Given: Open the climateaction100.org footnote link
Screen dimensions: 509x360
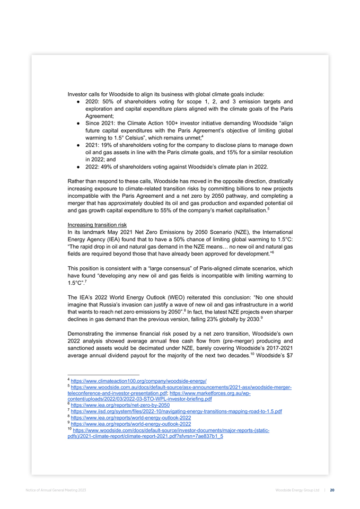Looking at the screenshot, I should tap(138, 381).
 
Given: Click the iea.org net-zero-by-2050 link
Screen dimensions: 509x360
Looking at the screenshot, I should tap(120, 405).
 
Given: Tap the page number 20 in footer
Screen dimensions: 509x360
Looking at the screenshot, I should tap(331, 490).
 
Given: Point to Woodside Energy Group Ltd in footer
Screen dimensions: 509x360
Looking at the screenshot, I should tap(297, 490).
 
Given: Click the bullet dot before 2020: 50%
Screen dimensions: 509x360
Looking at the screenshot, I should tap(78, 101).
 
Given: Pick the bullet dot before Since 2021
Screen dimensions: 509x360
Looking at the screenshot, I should tap(78, 123).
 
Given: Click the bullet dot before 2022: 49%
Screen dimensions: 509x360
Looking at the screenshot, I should tap(78, 166).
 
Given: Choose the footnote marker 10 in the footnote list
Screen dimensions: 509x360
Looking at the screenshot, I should tap(69, 430).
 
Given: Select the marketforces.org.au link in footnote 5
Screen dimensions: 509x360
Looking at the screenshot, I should tap(227, 393).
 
